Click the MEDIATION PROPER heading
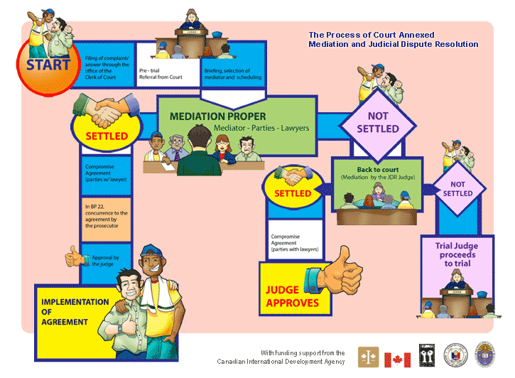point(217,116)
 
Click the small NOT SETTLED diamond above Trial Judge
point(457,188)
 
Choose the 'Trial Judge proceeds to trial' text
point(457,254)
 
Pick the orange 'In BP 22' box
point(107,215)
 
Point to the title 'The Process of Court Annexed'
point(372,35)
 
